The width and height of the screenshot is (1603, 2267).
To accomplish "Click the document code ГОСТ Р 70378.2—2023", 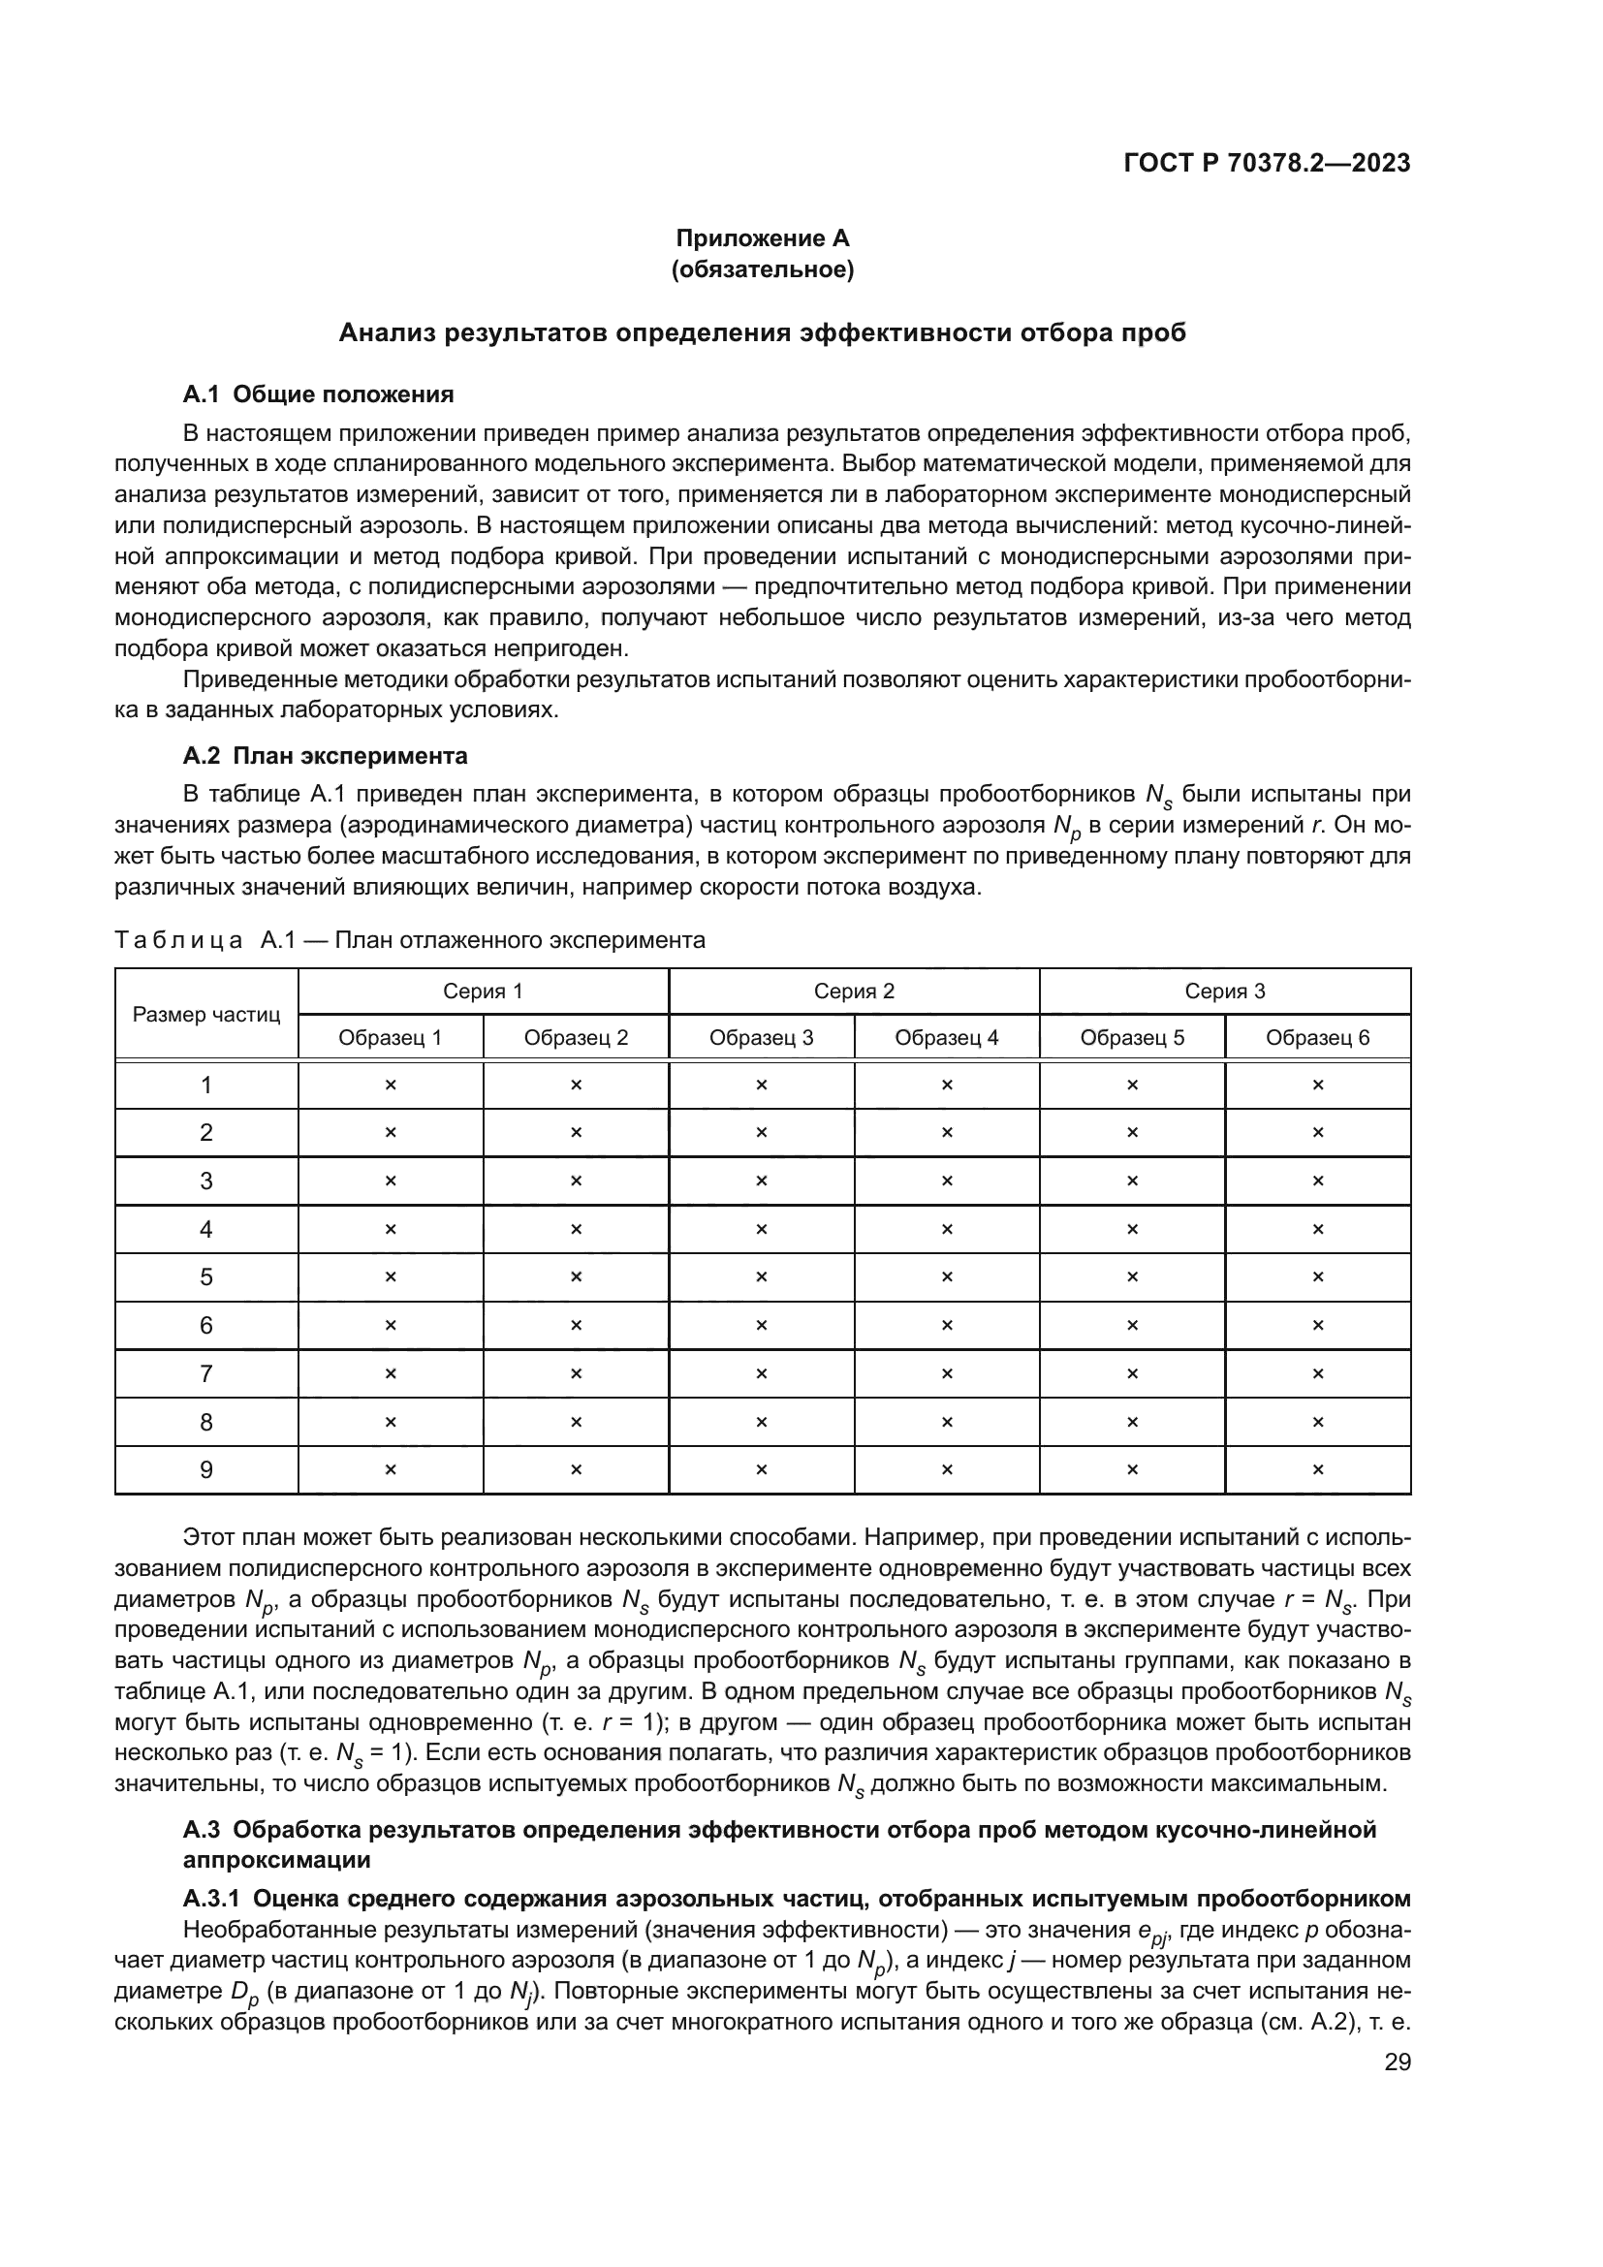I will [x=1267, y=164].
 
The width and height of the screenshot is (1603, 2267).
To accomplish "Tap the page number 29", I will [x=1397, y=2062].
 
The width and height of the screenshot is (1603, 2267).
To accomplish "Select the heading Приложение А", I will [x=762, y=238].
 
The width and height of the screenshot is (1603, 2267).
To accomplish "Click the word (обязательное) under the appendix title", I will [x=762, y=269].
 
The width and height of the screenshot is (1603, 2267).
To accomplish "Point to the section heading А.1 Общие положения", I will [x=318, y=394].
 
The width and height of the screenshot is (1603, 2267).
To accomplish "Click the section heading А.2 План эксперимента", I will [x=325, y=756].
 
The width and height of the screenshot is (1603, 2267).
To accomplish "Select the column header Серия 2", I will [x=854, y=992].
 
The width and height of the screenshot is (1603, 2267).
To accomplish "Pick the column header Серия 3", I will [x=1224, y=992].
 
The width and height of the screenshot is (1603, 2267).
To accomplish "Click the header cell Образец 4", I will [x=947, y=1038].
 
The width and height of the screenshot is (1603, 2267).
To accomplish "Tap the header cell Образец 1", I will [x=390, y=1038].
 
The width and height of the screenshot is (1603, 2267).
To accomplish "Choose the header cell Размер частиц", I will [x=206, y=1015].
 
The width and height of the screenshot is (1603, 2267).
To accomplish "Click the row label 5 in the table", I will [x=206, y=1277].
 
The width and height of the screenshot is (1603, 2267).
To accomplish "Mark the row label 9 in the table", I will [x=206, y=1470].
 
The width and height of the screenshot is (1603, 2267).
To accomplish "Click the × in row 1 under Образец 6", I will [x=1317, y=1086].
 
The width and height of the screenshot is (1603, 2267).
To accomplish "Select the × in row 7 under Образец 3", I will [x=761, y=1374].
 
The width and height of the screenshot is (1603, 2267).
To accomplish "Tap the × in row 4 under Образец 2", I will [x=576, y=1229].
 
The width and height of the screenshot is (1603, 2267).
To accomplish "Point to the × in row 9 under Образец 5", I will [x=1131, y=1470].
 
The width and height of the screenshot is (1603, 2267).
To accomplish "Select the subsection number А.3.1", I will [x=212, y=1899].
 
